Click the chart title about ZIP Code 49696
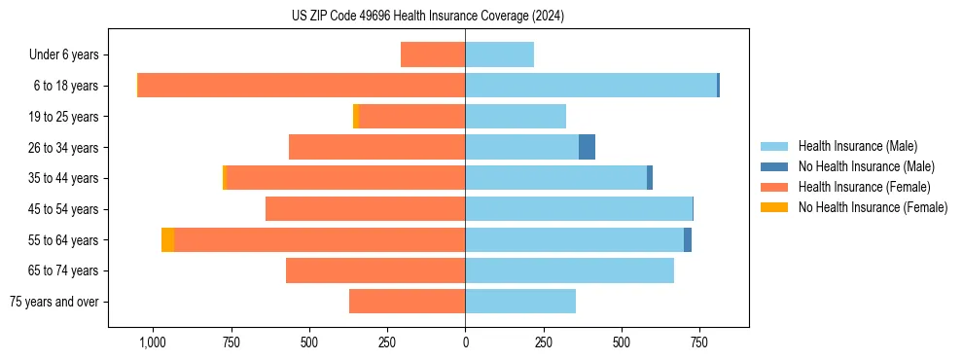427,16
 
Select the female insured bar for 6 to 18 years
302,86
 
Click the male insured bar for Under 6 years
499,54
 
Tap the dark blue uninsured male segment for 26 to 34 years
587,147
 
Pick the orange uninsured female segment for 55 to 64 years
168,239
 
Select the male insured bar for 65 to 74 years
569,270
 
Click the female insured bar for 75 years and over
407,302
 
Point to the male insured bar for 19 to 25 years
516,117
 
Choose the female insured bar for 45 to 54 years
365,209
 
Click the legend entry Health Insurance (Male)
857,146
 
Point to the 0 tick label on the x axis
465,343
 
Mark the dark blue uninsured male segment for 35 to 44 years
650,178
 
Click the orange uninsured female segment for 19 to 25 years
356,117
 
